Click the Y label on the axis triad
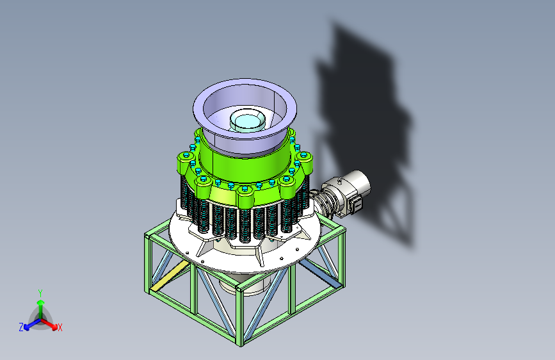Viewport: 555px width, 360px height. tap(40, 293)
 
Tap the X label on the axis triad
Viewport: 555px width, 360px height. tap(60, 327)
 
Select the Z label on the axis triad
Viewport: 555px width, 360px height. tap(21, 327)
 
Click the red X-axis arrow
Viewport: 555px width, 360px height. tap(49, 324)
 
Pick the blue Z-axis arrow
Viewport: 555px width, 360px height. tap(33, 324)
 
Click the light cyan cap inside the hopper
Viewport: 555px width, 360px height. tap(248, 120)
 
